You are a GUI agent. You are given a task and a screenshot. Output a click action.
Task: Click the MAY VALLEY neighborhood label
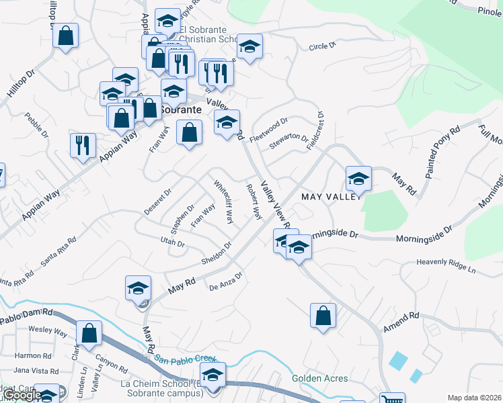point(332,197)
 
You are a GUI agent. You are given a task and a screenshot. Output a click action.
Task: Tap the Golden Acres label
point(320,378)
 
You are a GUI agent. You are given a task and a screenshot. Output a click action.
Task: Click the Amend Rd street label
point(401,321)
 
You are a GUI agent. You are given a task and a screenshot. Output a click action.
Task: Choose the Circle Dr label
point(322,46)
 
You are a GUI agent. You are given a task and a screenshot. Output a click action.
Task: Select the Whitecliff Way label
point(224,201)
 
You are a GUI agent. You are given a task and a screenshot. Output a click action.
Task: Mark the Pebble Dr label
point(38,124)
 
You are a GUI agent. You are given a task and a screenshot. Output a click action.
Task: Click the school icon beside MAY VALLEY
point(358,179)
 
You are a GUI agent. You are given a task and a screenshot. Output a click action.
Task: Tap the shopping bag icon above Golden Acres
point(323,315)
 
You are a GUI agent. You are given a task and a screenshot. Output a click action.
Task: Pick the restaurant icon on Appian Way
point(83,145)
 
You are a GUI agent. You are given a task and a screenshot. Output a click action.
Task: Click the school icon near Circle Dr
point(249,46)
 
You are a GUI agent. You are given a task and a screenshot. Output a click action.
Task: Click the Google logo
point(22,396)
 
